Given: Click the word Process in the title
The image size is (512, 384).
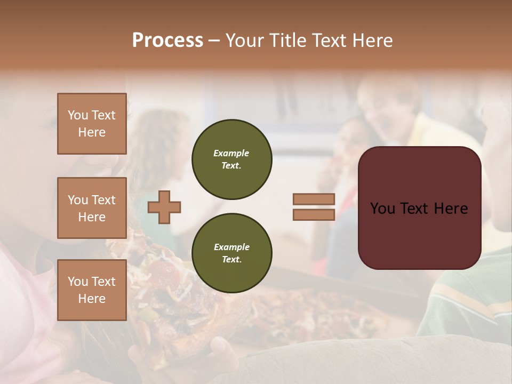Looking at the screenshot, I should coord(167,40).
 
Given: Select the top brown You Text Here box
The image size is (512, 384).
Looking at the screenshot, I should coord(92,124).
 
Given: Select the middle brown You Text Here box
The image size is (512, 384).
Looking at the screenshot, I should coord(92,208).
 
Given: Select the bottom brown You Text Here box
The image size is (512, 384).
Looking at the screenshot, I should coord(92,290).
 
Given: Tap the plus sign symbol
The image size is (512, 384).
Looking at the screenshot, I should coord(164,207).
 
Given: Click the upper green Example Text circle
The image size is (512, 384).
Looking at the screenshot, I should coord(231,159).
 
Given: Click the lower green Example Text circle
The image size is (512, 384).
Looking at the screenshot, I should coord(231,253).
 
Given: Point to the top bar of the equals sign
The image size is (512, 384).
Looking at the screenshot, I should coord(314,199).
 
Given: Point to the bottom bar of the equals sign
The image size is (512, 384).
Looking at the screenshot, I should coord(314,215).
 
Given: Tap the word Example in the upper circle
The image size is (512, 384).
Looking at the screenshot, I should coord(231,153).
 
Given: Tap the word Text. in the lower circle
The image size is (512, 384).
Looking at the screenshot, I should coord(231,260).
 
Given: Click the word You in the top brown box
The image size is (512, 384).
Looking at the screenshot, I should coord(77,115).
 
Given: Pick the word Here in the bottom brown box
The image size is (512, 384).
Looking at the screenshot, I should coord(92,299).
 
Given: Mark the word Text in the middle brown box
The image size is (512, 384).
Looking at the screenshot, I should coord(103,200).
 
